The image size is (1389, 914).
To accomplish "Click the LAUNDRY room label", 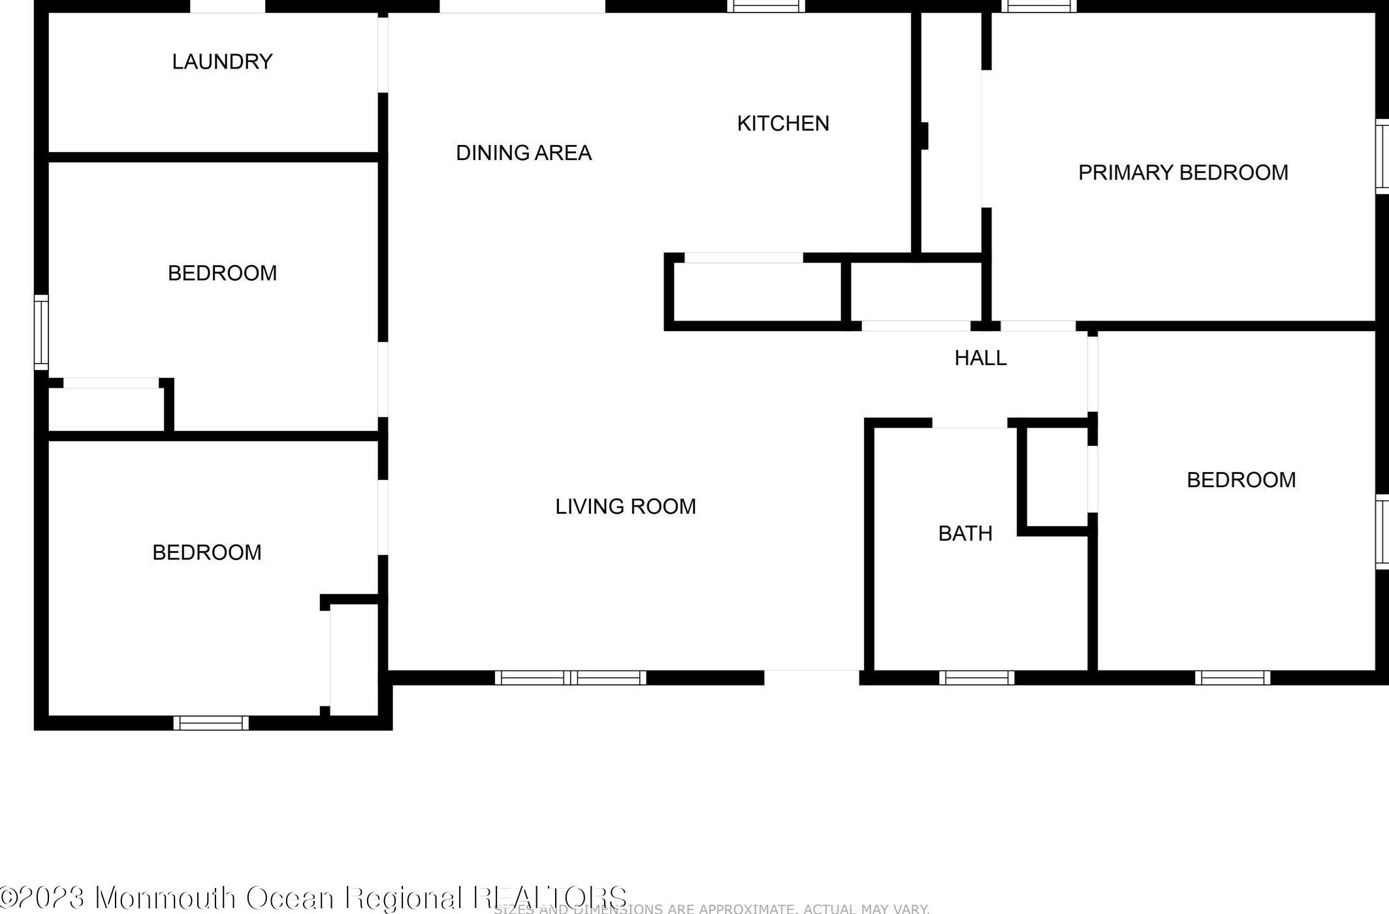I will click(x=222, y=61).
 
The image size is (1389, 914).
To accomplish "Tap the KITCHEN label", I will click(x=783, y=123).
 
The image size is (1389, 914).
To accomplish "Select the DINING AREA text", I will click(x=523, y=153).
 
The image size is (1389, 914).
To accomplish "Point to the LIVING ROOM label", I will click(x=625, y=507).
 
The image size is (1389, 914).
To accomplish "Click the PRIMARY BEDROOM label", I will click(x=1183, y=172).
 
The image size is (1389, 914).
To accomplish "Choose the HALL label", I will click(x=980, y=358).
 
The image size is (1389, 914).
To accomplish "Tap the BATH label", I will click(x=965, y=533).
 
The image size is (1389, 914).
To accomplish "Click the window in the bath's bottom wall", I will click(x=976, y=678).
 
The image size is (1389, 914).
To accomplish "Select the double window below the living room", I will click(x=570, y=678).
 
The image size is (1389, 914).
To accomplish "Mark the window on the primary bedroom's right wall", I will click(x=1382, y=156).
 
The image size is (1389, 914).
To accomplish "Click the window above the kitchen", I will click(x=766, y=7).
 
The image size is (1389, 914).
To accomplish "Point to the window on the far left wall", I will click(x=40, y=332).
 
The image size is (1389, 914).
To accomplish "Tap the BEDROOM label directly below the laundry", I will click(x=222, y=273).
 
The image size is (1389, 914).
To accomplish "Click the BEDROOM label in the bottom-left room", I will click(x=206, y=552).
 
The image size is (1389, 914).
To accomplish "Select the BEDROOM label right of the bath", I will click(x=1241, y=480).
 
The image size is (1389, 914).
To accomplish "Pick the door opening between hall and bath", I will click(x=969, y=423).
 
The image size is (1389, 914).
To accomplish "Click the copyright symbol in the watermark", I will click(x=8, y=897).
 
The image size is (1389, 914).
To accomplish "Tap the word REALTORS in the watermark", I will click(x=549, y=897).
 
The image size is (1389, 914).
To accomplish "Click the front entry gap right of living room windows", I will click(x=811, y=678).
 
